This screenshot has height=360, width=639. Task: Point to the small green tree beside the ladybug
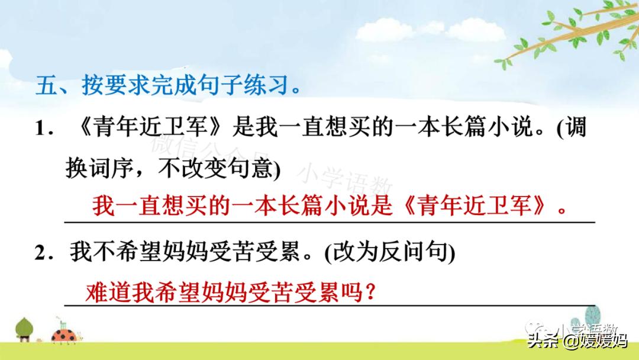(25, 329)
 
